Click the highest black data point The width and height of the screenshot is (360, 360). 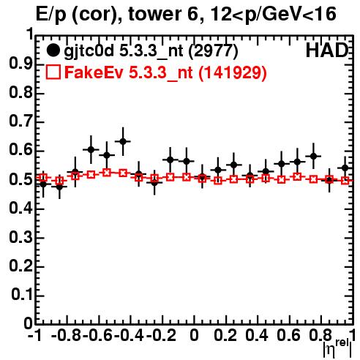(123, 141)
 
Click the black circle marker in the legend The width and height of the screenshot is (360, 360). (53, 50)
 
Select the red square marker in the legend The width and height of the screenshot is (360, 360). (53, 72)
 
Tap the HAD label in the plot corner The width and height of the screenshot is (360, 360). (327, 50)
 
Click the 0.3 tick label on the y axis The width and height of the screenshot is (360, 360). (20, 237)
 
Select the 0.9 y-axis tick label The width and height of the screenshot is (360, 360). (20, 64)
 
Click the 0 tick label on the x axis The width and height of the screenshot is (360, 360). (194, 335)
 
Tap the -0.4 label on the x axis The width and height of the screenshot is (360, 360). (130, 335)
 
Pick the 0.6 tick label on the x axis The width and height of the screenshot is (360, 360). (288, 335)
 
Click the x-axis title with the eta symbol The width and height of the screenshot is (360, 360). (337, 348)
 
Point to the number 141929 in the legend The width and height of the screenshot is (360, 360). (233, 72)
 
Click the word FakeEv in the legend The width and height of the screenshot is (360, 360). (94, 72)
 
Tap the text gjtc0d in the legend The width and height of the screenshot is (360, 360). (89, 51)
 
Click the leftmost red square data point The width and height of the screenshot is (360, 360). (43, 178)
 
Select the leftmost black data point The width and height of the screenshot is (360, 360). (43, 184)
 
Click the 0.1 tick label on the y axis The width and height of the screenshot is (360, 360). (22, 295)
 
